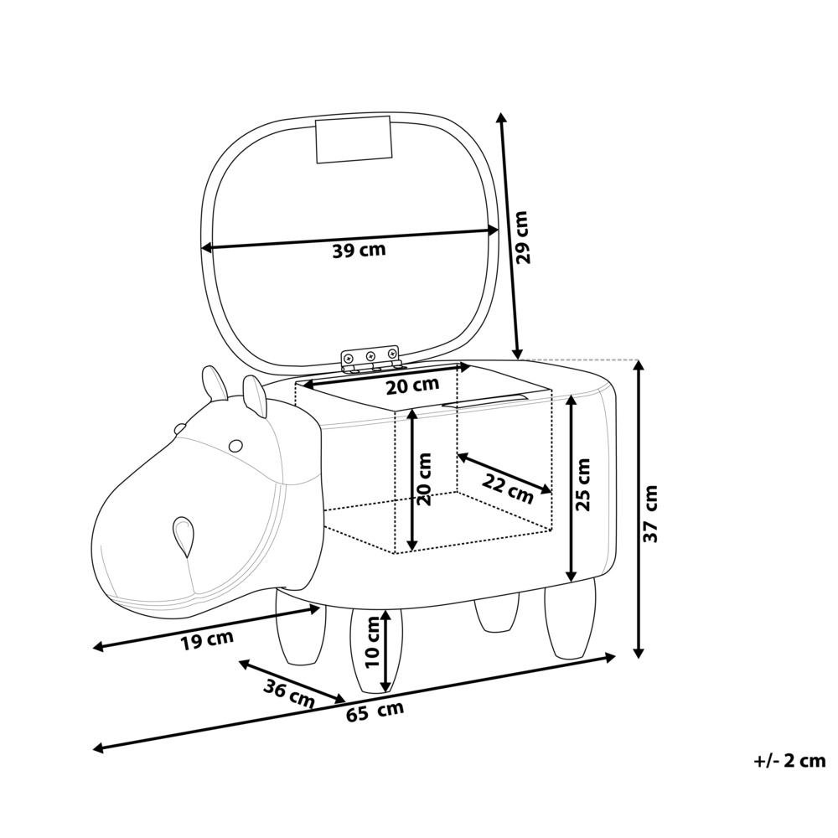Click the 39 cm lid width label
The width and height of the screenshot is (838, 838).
pos(360,251)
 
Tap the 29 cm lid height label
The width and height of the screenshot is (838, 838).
pos(523,237)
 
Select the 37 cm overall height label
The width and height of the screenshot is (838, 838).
pos(651,514)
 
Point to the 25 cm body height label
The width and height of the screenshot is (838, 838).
pos(583,484)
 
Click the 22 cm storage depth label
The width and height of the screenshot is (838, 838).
pos(508,488)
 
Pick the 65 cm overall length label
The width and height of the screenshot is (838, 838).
pos(375,711)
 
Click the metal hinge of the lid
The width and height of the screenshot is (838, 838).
pos(370,360)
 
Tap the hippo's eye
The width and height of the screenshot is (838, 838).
pos(236,444)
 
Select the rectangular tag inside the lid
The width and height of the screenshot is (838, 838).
pos(354,140)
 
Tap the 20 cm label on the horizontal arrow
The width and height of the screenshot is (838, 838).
pos(412,385)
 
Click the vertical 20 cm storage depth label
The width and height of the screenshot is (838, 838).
pos(424,479)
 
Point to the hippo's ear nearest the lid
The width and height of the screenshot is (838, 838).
pos(255,396)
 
